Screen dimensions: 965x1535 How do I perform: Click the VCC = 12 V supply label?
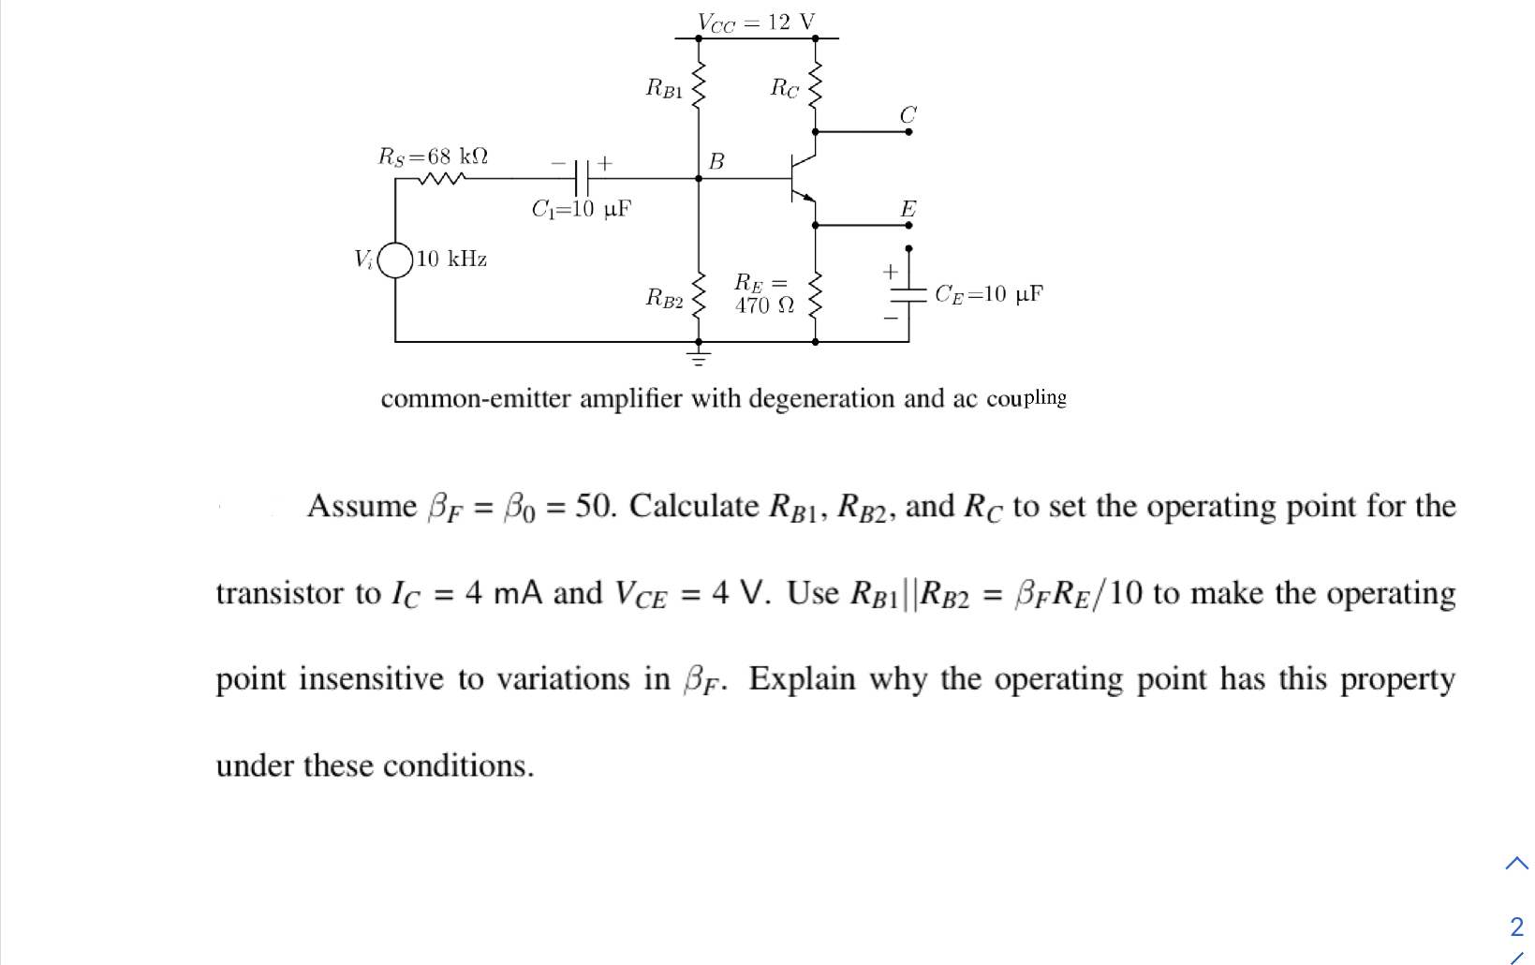(x=756, y=22)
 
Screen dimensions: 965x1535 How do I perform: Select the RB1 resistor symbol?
(x=698, y=87)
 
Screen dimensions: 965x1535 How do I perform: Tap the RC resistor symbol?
(x=815, y=87)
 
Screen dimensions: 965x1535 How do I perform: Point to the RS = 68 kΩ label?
(x=433, y=156)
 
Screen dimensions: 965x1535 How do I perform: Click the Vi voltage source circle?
(x=396, y=260)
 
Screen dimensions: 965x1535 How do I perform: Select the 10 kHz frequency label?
(x=451, y=259)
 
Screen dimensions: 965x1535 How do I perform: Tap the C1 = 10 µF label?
(x=581, y=209)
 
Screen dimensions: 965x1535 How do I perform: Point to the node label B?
(x=716, y=161)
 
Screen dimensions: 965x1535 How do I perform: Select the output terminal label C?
(x=908, y=114)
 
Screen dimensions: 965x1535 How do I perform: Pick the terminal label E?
(x=908, y=209)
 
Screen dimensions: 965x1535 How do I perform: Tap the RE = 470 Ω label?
(x=763, y=293)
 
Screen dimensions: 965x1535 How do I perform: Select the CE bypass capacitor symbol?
(x=908, y=294)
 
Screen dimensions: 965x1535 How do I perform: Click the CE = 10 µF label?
(x=988, y=294)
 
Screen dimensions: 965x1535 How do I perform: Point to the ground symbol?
(x=698, y=356)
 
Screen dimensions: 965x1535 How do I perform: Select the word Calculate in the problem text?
(x=694, y=506)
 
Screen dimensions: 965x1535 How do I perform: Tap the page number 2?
(x=1516, y=927)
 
